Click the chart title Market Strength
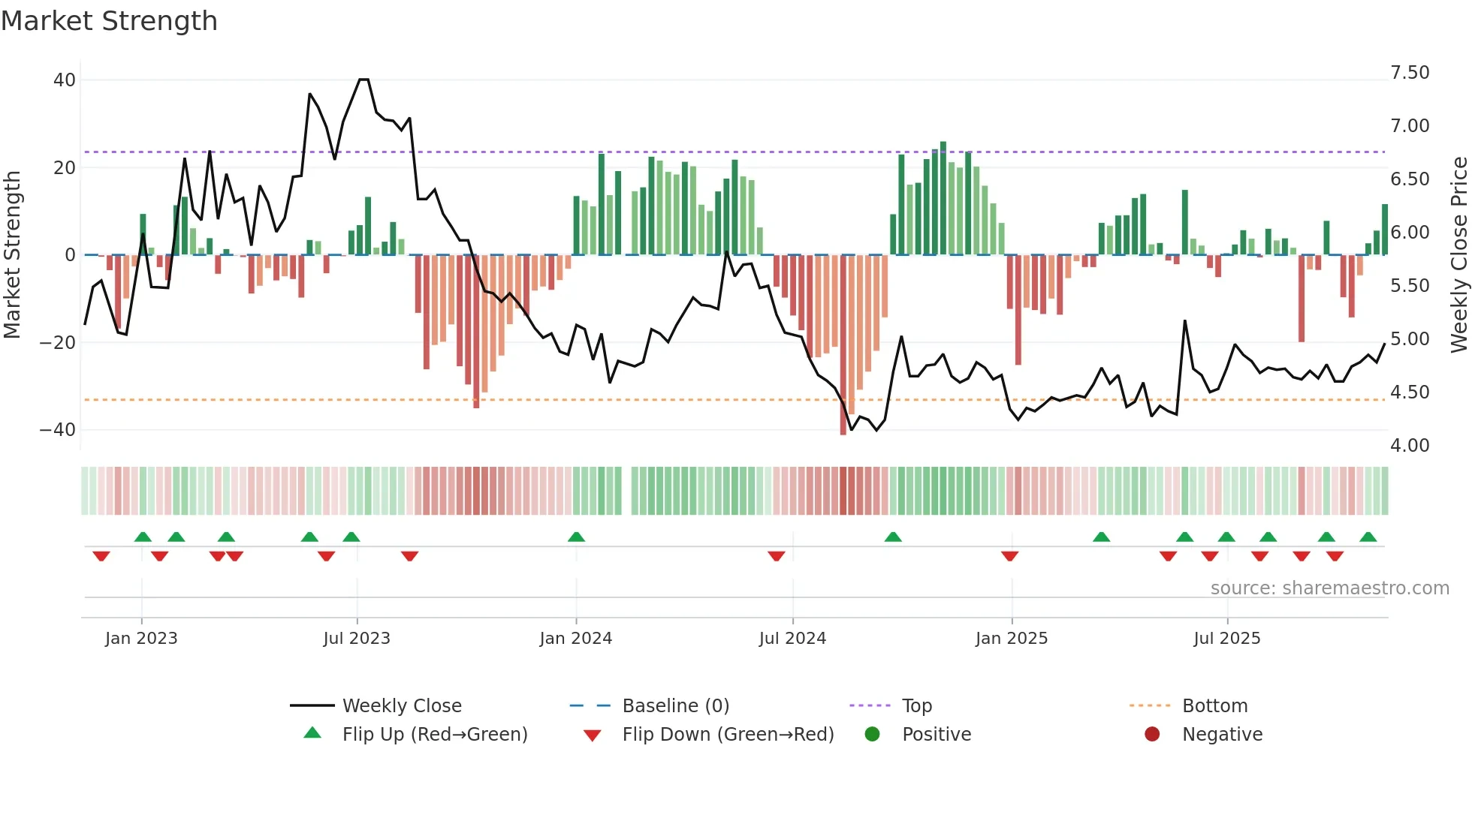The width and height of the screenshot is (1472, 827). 109,21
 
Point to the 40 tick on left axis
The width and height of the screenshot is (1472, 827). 65,80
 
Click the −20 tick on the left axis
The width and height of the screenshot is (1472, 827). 58,342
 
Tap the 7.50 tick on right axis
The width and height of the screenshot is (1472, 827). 1410,73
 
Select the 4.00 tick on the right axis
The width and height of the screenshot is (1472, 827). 1410,445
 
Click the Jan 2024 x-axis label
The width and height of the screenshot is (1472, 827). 575,638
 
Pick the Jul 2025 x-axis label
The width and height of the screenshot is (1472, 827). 1226,638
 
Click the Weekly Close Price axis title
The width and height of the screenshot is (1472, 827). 1458,255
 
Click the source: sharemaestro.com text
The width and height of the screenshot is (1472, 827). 1329,588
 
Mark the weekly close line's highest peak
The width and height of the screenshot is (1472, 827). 363,80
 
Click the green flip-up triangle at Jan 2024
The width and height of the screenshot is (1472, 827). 576,537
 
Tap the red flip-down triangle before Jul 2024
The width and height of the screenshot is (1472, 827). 776,556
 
